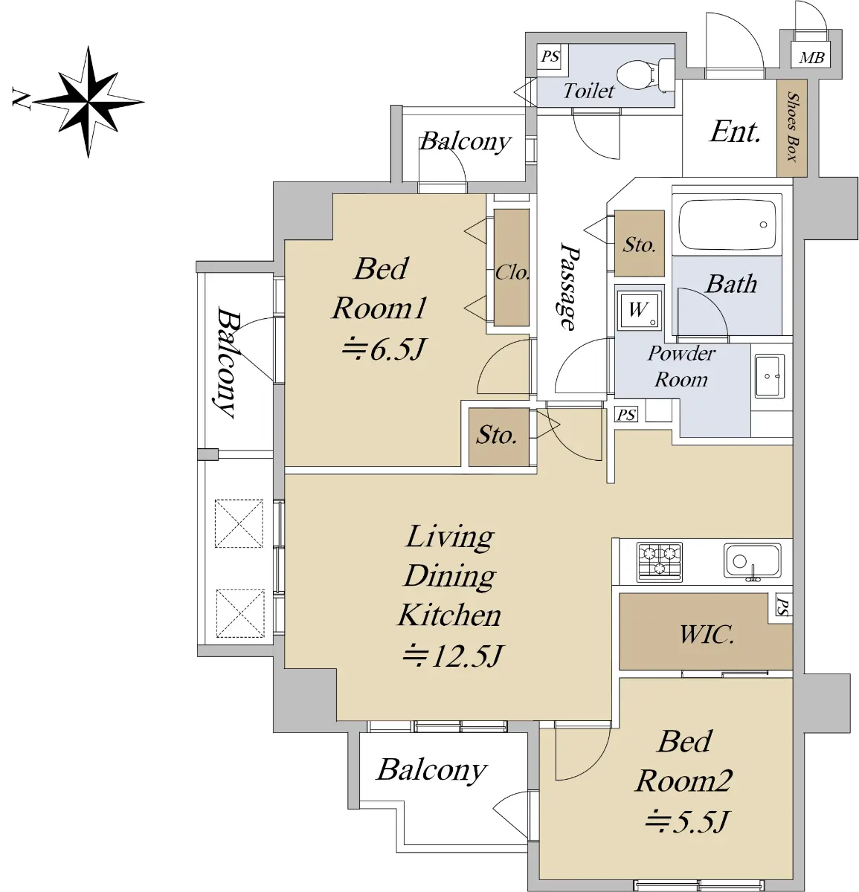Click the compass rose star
tap(88, 102)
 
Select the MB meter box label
tap(811, 57)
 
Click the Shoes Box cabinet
tap(791, 128)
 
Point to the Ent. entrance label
tap(736, 132)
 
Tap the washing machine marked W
tap(639, 310)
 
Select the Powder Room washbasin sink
tap(770, 376)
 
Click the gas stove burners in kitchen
tap(660, 562)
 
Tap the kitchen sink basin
tap(752, 561)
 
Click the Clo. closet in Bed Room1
tap(512, 268)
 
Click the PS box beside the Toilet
tap(550, 56)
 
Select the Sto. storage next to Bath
tap(640, 243)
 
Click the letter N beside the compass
tap(21, 99)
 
